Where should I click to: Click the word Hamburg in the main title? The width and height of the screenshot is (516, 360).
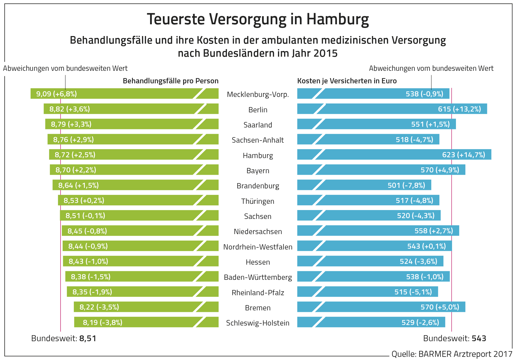pos(337,19)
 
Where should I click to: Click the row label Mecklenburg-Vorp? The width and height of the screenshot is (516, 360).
pos(258,94)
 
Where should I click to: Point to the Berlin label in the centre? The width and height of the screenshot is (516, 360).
pos(258,110)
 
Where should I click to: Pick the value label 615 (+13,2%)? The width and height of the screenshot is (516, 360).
pos(459,109)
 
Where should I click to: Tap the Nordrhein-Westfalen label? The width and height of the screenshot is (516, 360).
pos(258,247)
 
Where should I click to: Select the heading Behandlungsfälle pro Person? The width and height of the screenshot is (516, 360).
pos(171,81)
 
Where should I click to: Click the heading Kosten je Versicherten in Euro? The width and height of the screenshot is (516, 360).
pos(347,81)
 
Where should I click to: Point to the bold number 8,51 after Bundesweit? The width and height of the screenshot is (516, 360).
pos(88,339)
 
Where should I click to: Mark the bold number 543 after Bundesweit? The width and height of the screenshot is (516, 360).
pos(479,339)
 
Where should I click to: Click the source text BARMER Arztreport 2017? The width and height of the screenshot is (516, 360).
pos(465,354)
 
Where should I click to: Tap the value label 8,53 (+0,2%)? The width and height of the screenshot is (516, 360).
pos(84,200)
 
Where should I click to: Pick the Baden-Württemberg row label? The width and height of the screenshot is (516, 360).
pos(258,277)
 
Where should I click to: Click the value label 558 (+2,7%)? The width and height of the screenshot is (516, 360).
pos(434,231)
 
